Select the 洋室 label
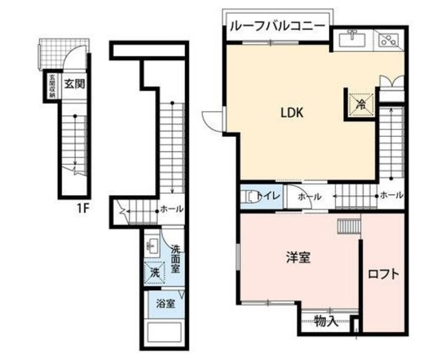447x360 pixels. pyautogui.click(x=298, y=258)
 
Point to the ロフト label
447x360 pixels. pyautogui.click(x=383, y=274)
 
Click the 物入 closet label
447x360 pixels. pyautogui.click(x=326, y=322)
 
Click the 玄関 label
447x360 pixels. pyautogui.click(x=74, y=82)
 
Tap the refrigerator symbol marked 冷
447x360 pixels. pyautogui.click(x=361, y=104)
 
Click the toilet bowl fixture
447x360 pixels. pyautogui.click(x=247, y=197)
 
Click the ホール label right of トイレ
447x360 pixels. pyautogui.click(x=309, y=197)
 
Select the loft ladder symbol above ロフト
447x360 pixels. pyautogui.click(x=348, y=226)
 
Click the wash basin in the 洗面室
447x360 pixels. pyautogui.click(x=153, y=246)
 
